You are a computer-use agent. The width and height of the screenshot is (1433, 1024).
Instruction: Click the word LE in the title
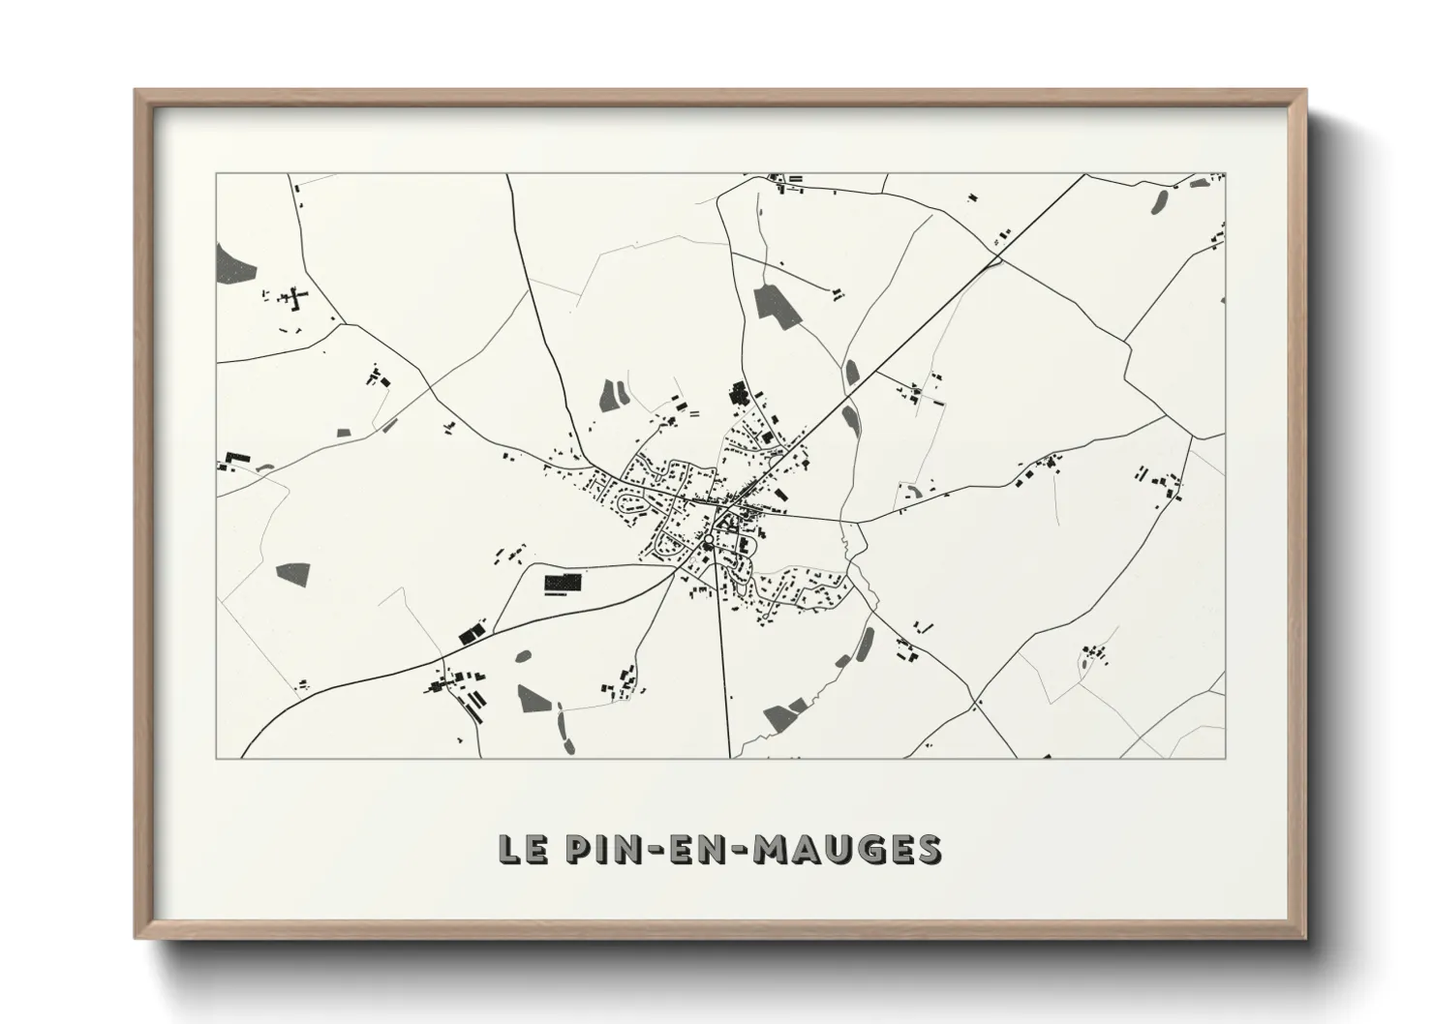tap(519, 849)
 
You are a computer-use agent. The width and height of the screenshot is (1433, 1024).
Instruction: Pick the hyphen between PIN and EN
tap(650, 850)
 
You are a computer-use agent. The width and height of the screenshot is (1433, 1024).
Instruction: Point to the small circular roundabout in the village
tap(709, 539)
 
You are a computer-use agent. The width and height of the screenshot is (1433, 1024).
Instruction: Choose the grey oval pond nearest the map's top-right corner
tap(1158, 201)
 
